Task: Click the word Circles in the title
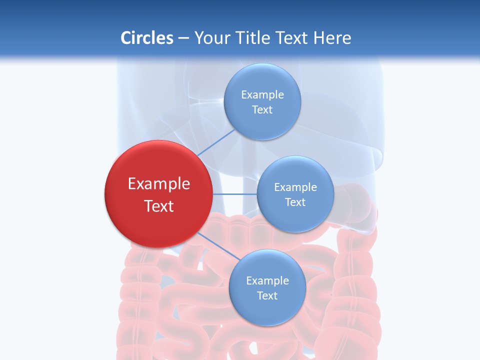146,38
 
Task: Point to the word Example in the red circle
159,184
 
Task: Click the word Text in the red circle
159,206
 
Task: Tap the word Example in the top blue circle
262,95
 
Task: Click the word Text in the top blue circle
262,110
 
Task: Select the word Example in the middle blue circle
295,187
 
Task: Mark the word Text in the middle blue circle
295,202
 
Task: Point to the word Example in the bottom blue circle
267,281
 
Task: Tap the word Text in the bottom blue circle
267,296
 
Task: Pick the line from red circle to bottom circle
216,245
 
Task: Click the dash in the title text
183,38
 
